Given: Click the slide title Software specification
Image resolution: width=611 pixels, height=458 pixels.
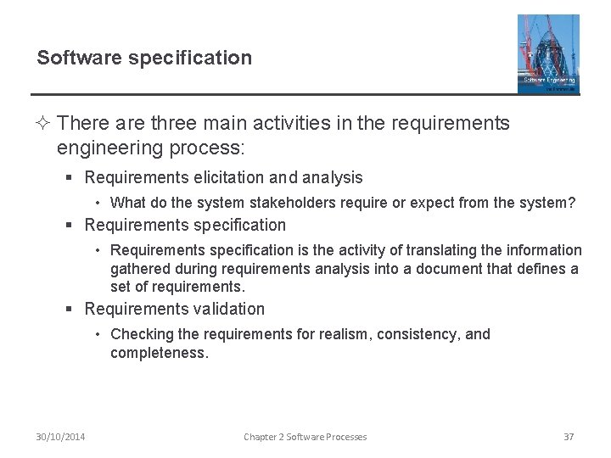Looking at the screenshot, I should click(144, 58).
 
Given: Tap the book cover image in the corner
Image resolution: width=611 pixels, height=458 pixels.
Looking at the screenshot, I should click(549, 53).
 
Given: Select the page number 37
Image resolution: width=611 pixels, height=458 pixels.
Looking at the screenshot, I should click(569, 437).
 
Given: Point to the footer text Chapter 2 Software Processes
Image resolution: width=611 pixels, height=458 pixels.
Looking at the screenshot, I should click(305, 437).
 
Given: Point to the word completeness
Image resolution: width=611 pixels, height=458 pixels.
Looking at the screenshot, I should click(159, 352).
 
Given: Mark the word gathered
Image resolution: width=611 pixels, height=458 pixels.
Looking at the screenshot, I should click(139, 269).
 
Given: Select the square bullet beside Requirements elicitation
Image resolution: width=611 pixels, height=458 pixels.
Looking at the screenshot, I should click(73, 179).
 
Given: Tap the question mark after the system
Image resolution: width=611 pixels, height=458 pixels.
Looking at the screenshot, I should click(572, 203).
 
